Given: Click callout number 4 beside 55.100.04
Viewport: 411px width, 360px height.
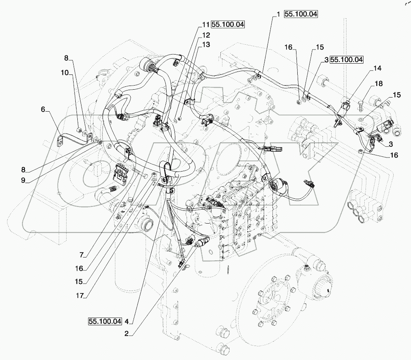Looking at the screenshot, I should pyautogui.click(x=127, y=321).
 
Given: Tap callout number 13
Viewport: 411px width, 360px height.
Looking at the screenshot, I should pyautogui.click(x=205, y=44).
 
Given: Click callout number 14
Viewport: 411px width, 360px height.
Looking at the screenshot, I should pyautogui.click(x=378, y=68).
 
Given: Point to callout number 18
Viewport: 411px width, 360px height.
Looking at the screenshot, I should pyautogui.click(x=378, y=84).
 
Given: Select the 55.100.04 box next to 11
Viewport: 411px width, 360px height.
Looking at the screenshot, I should pyautogui.click(x=228, y=25).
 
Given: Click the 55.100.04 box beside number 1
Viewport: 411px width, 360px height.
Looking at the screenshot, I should pyautogui.click(x=301, y=14).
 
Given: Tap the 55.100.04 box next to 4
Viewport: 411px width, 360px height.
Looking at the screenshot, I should pyautogui.click(x=105, y=321).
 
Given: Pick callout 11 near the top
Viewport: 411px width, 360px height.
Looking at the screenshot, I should pyautogui.click(x=205, y=25).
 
